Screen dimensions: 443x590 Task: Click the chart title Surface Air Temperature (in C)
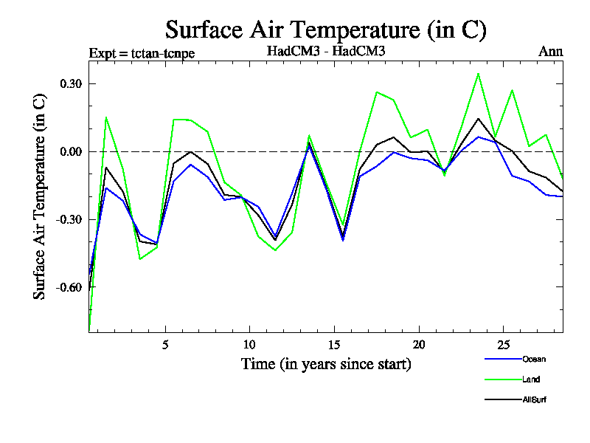325,30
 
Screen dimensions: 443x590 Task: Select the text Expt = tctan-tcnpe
142,52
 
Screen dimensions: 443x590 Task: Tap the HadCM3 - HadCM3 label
326,51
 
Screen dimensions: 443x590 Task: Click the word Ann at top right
551,51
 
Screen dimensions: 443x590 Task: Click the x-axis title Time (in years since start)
326,364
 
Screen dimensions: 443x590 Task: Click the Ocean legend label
534,360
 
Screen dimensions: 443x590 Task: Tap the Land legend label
531,380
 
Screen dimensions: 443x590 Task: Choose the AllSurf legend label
534,399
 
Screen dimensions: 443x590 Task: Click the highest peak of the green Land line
478,74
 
